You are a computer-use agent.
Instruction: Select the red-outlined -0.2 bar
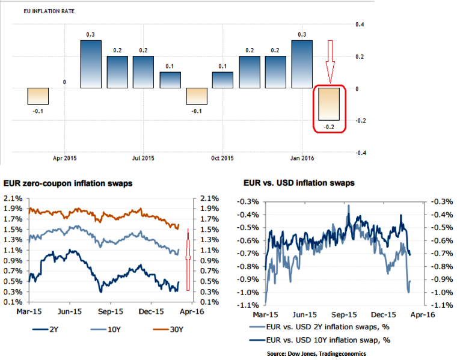coord(330,104)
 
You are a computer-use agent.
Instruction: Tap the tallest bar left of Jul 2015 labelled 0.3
coord(91,64)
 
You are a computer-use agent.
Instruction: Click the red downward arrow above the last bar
coord(330,61)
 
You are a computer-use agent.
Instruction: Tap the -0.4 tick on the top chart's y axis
coord(360,153)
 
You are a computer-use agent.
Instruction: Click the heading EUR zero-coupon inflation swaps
coord(68,183)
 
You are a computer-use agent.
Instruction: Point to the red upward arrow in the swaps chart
coord(188,252)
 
